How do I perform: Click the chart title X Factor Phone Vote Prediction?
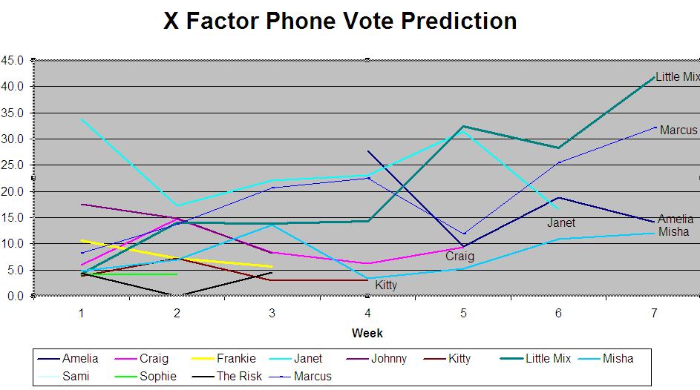click(x=340, y=21)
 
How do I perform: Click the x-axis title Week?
click(x=367, y=333)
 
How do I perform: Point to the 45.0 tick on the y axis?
click(x=13, y=60)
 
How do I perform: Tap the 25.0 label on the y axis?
click(x=13, y=165)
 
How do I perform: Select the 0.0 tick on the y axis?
click(x=15, y=296)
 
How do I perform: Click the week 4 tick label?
click(x=367, y=314)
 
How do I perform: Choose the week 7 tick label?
click(x=654, y=314)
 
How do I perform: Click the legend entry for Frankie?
click(x=223, y=358)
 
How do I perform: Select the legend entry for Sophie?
click(x=145, y=376)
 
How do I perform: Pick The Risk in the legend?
click(x=227, y=376)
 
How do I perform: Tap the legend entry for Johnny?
click(x=376, y=358)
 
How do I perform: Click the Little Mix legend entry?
click(x=535, y=358)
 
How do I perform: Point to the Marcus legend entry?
click(x=301, y=376)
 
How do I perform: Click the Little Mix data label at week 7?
click(x=677, y=76)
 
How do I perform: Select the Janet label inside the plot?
click(x=561, y=223)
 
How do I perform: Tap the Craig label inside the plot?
click(x=459, y=257)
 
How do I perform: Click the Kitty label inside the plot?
click(x=386, y=285)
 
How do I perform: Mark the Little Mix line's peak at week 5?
click(x=463, y=126)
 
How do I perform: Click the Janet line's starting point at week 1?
click(x=82, y=119)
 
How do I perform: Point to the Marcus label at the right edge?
click(x=678, y=130)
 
